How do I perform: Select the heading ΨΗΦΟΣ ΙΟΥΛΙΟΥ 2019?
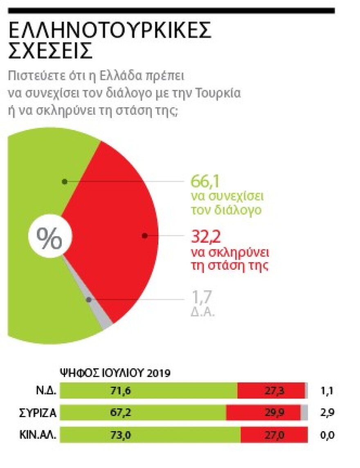tap(115, 373)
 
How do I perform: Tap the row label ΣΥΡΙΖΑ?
tap(38, 413)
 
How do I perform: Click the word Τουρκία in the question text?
tap(221, 93)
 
